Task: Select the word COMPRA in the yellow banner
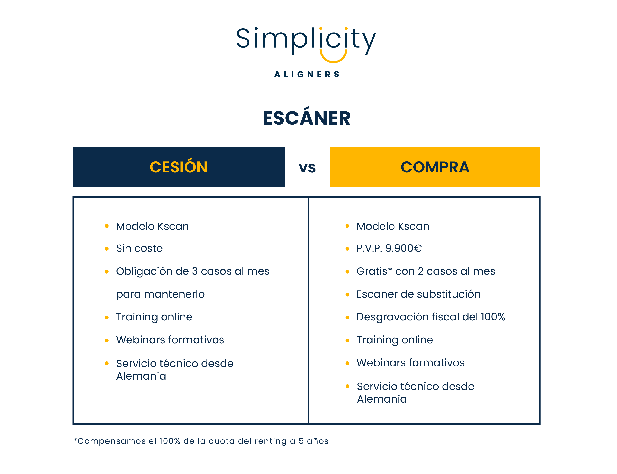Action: pyautogui.click(x=435, y=167)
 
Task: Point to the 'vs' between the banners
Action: pyautogui.click(x=307, y=168)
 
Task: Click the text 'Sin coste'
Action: pyautogui.click(x=139, y=248)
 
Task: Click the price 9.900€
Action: pyautogui.click(x=403, y=248)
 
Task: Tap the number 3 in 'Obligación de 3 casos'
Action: pyautogui.click(x=195, y=271)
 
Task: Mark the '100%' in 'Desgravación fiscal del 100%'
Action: pyautogui.click(x=493, y=317)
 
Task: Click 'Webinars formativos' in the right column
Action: pyautogui.click(x=410, y=363)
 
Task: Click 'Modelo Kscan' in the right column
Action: pyautogui.click(x=393, y=226)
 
